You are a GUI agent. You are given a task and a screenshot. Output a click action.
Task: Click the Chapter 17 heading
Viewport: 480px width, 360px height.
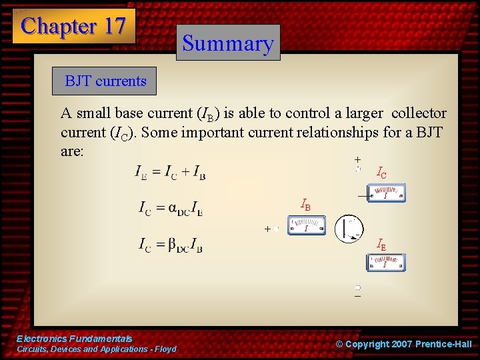[73, 26]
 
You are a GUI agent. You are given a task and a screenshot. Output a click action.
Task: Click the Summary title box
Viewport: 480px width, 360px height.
[228, 43]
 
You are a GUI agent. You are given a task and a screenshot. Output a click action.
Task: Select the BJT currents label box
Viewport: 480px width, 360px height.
[105, 81]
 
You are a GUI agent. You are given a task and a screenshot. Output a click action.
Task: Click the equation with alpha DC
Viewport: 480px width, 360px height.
[171, 209]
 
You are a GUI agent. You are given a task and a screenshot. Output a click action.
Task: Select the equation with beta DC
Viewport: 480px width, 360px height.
[171, 245]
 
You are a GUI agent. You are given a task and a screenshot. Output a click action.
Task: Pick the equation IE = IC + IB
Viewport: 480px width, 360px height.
[170, 173]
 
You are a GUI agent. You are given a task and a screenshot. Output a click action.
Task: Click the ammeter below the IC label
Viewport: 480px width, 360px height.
[386, 195]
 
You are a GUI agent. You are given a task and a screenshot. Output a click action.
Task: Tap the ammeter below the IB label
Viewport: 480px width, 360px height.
[306, 226]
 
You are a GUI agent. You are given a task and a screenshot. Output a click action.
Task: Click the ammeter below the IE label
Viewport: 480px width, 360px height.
[385, 263]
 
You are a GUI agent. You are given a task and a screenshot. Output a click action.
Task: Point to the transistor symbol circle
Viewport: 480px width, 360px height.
[349, 229]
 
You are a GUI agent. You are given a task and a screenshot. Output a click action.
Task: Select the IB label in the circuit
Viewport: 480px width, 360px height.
[305, 204]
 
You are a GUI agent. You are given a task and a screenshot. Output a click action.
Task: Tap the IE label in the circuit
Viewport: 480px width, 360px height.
[381, 245]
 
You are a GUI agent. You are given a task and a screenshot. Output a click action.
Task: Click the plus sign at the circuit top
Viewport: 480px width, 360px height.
[357, 160]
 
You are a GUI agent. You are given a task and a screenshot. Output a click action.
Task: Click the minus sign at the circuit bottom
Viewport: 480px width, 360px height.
[357, 297]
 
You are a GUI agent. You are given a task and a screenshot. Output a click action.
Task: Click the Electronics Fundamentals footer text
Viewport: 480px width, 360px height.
[74, 339]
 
